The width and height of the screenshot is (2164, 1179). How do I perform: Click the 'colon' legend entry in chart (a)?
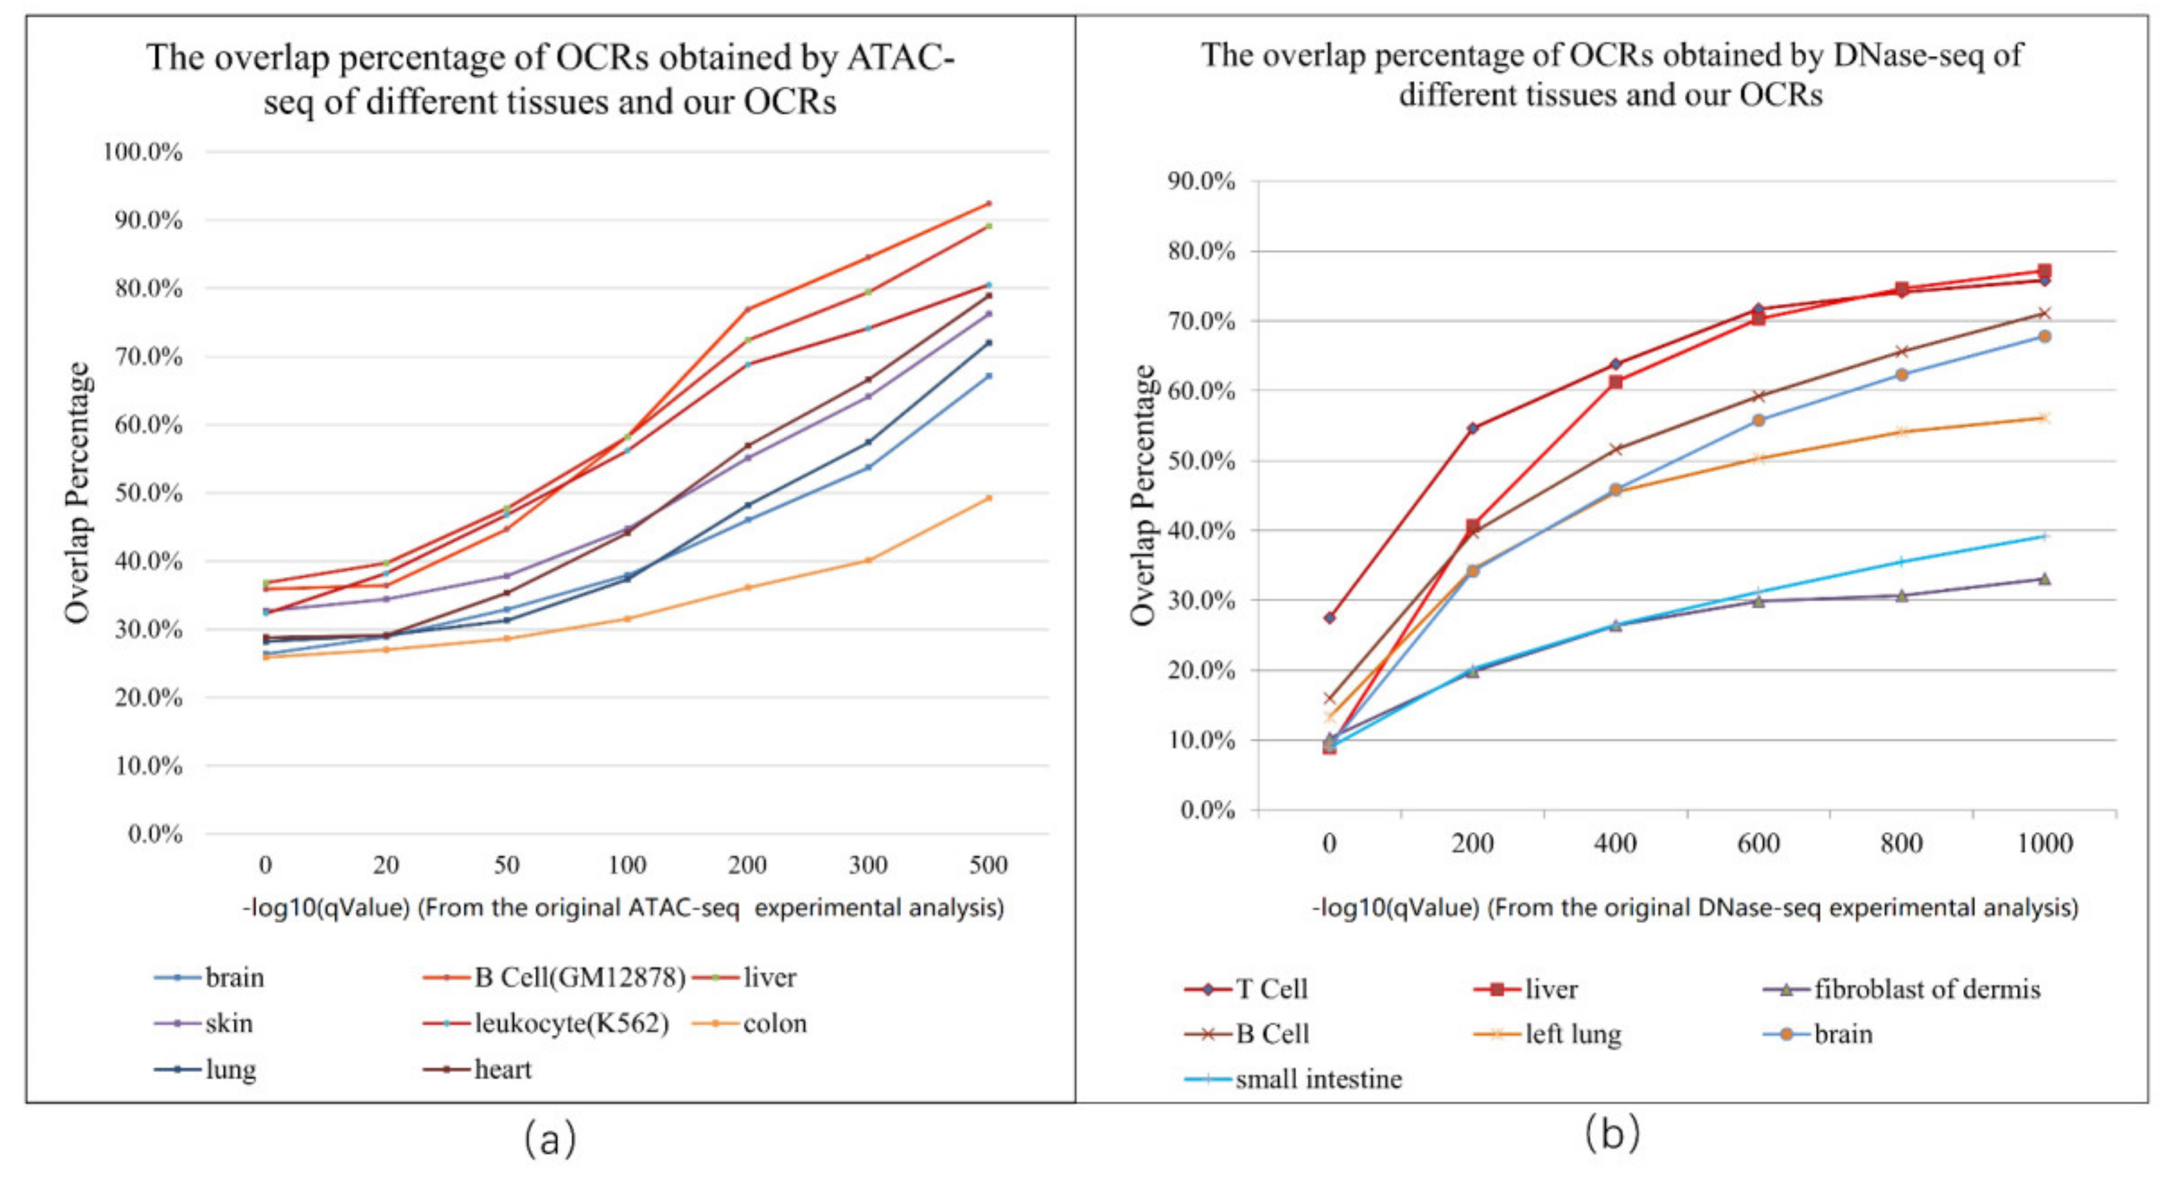pyautogui.click(x=774, y=1023)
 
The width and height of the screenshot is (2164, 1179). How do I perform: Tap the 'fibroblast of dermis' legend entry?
pyautogui.click(x=1926, y=989)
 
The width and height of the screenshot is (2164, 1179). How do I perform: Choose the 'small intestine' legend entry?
pyautogui.click(x=1318, y=1079)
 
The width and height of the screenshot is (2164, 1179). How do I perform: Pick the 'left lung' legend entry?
pyautogui.click(x=1573, y=1034)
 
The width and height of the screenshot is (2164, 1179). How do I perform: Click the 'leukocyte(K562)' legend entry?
pyautogui.click(x=571, y=1023)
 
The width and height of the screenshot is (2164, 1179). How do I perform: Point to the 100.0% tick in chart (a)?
pyautogui.click(x=143, y=152)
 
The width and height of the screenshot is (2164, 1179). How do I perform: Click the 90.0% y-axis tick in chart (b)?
pyautogui.click(x=1201, y=181)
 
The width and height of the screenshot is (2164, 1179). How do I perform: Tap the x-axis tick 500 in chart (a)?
pyautogui.click(x=988, y=864)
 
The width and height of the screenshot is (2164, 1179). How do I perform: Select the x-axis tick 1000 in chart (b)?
pyautogui.click(x=2045, y=843)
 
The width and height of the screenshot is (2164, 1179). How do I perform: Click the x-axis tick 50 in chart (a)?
pyautogui.click(x=507, y=864)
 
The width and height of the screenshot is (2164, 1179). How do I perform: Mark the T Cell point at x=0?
pyautogui.click(x=1329, y=618)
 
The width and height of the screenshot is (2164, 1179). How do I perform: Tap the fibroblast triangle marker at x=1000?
pyautogui.click(x=2045, y=579)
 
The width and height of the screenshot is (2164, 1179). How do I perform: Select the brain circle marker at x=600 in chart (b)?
pyautogui.click(x=1758, y=420)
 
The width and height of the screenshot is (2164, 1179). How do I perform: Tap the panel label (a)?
pyautogui.click(x=550, y=1140)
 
